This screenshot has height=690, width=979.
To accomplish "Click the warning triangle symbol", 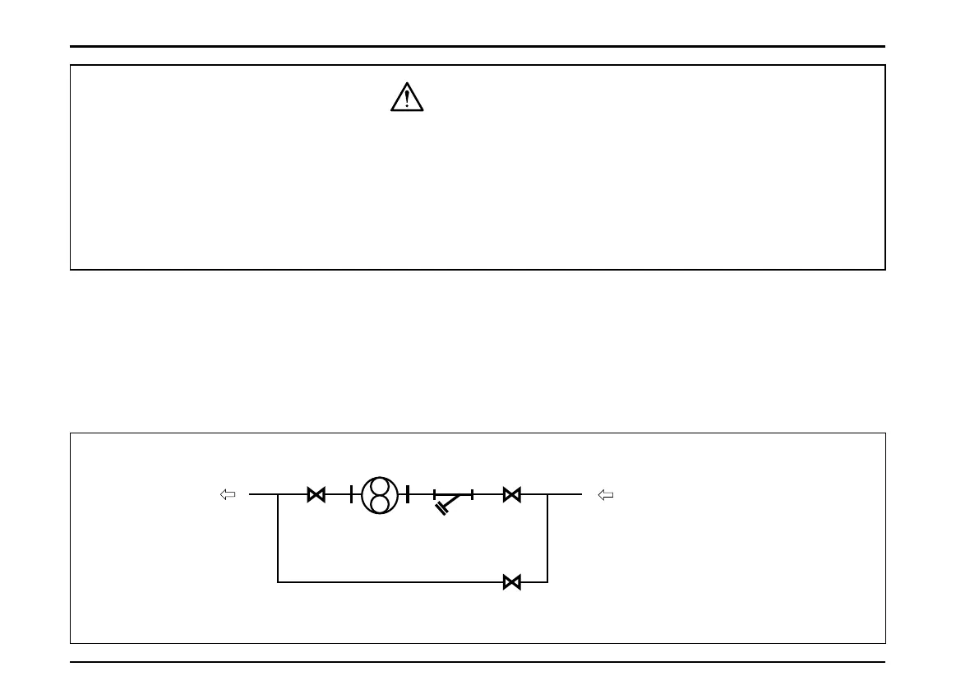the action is coord(406,99).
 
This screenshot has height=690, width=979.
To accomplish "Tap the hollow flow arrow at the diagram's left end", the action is coord(229,494).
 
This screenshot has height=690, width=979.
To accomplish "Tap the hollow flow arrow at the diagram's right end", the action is coord(606,494).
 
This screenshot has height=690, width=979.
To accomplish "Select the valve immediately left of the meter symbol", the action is coord(316,494).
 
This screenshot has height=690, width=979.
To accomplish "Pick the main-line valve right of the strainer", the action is coord(511,494).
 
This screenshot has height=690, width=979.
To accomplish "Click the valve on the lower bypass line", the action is coord(511,582).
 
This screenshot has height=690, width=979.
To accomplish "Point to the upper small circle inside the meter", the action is coord(380,485).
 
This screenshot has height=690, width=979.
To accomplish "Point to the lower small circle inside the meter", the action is coord(380,502).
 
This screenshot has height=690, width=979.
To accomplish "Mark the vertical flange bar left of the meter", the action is coord(351,494).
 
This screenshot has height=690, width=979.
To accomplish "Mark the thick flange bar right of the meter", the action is coord(408,494).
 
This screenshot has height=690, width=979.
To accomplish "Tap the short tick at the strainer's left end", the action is coord(434,494).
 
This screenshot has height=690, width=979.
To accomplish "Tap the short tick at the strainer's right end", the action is coord(472,494).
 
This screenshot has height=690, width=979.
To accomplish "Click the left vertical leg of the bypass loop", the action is coord(279,539).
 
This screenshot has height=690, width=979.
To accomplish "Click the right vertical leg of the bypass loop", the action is coord(547,539).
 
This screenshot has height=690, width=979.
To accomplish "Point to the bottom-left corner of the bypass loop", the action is coord(279,582).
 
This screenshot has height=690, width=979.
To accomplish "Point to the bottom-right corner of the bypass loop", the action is coord(547,582).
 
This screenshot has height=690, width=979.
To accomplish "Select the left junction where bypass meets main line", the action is coord(279,494).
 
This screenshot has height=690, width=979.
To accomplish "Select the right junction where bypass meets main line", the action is coord(547,494).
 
